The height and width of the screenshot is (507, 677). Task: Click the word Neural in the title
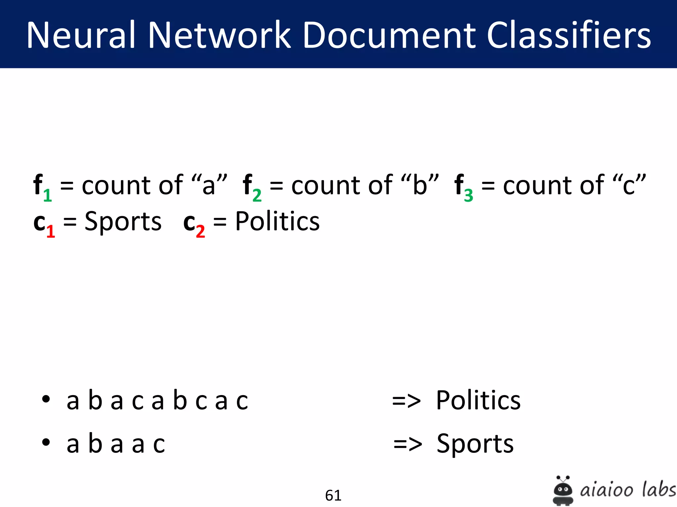(x=81, y=35)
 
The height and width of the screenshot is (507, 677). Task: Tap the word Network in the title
(x=219, y=35)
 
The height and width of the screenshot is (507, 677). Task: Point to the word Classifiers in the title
(x=569, y=35)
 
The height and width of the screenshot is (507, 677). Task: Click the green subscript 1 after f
(x=48, y=195)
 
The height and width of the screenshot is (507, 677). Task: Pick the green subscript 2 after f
(x=257, y=195)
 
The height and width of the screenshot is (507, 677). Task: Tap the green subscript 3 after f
(x=468, y=195)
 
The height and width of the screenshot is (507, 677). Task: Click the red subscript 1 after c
(x=50, y=231)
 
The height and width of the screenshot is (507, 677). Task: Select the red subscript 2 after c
(x=200, y=231)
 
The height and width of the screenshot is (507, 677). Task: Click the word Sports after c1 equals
(x=123, y=221)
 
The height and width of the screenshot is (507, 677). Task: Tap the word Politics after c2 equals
(x=277, y=221)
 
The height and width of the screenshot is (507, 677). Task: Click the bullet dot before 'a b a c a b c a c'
(x=46, y=399)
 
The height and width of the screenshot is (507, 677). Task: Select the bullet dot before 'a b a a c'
(x=46, y=442)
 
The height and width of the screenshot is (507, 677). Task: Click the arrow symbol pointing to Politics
(x=406, y=401)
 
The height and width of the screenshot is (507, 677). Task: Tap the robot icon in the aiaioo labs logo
(x=563, y=490)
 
